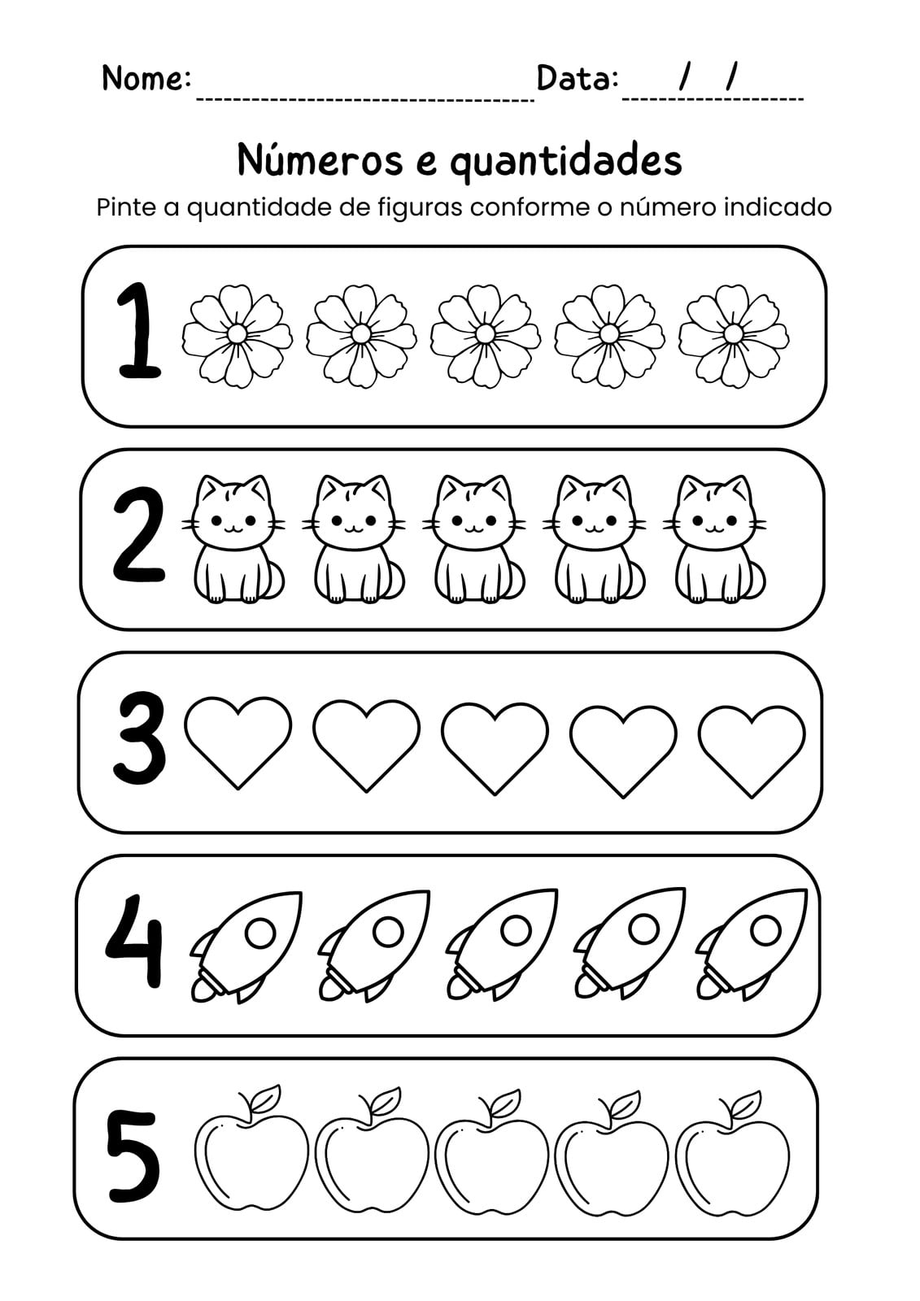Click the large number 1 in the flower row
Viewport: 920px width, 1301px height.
(139, 331)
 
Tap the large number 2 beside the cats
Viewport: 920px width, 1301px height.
(138, 535)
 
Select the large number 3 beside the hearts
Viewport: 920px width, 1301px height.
(138, 738)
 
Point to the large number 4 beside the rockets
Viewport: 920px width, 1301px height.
(134, 940)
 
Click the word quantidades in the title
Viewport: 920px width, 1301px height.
(566, 162)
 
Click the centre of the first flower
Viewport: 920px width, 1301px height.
(238, 333)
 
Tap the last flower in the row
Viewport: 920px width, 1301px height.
(734, 337)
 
